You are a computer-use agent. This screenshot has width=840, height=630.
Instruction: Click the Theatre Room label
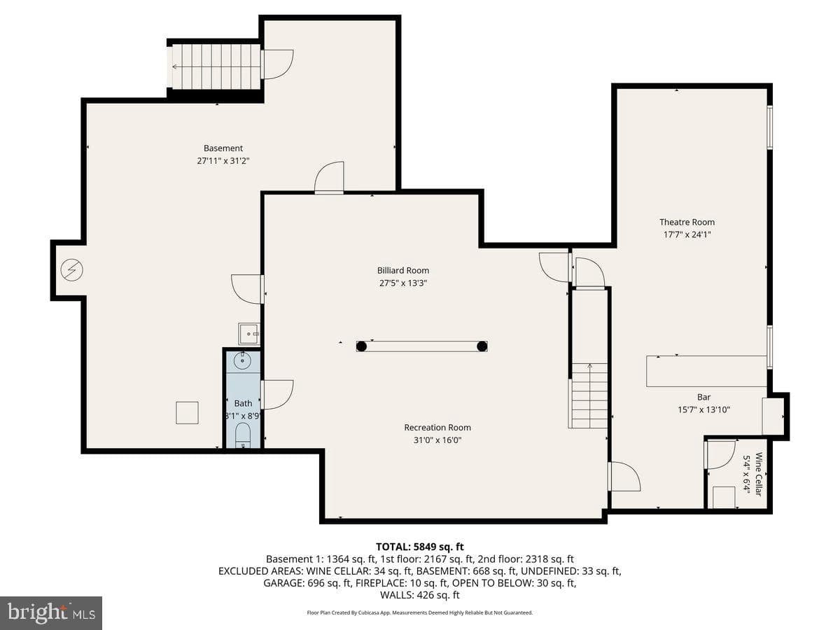[x=687, y=222]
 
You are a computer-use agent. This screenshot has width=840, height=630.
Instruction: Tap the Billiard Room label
[x=403, y=270]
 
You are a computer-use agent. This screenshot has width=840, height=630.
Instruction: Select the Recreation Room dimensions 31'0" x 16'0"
[x=437, y=440]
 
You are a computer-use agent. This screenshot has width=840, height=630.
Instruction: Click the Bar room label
[x=703, y=397]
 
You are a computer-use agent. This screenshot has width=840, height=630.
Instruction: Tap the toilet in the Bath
[x=242, y=435]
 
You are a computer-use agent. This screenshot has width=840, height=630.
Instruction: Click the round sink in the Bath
[x=242, y=360]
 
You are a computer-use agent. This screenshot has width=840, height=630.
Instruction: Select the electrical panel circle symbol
[x=72, y=270]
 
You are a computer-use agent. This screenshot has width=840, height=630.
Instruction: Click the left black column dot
[x=361, y=346]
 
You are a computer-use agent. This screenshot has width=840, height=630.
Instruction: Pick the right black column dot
[x=482, y=346]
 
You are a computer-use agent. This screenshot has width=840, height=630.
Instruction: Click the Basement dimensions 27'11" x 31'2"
[x=223, y=161]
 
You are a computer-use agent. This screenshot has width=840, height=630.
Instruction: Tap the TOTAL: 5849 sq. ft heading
[x=420, y=547]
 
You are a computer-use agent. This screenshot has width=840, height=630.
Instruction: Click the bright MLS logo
[x=51, y=612]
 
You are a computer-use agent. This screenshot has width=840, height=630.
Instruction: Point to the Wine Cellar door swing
[x=721, y=455]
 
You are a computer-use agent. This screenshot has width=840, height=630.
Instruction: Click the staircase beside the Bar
[x=589, y=395]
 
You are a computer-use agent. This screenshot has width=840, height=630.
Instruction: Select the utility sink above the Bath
[x=248, y=334]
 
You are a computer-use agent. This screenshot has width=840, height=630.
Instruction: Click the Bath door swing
[x=277, y=394]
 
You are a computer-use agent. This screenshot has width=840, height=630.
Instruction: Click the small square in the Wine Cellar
[x=724, y=498]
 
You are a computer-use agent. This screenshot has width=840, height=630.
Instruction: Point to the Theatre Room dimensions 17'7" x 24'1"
[x=687, y=234]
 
